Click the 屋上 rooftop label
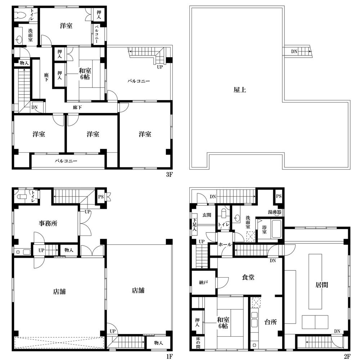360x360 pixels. pos(240,90)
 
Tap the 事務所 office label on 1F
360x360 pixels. pos(48,223)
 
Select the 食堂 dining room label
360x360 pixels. pos(248,277)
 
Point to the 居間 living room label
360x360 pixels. pos(321,285)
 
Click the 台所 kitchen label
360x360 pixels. pos(271,322)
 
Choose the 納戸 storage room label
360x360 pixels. pos(203,283)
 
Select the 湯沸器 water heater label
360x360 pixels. pos(275,212)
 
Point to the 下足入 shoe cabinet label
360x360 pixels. pos(194,225)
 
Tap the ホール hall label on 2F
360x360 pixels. pos(225,245)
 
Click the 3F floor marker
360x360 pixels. pos(169,175)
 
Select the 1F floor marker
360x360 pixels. pos(169,356)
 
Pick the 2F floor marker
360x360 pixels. pos(347,356)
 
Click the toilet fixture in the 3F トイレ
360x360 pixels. pos(19,15)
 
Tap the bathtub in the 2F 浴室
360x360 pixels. pos(276,229)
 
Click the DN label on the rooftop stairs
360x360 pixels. pos(294,51)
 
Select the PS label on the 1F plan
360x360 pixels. pos(101,197)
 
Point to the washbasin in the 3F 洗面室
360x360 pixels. pos(19,40)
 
